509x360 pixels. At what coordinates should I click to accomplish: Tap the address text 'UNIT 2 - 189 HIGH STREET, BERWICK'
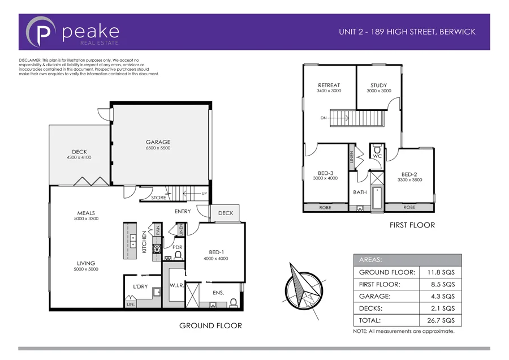[407, 32]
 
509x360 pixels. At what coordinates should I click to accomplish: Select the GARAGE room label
[158, 142]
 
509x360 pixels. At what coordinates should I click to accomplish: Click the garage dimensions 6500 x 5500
[158, 148]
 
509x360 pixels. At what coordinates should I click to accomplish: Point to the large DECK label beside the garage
[79, 152]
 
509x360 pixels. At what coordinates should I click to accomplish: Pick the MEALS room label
[86, 213]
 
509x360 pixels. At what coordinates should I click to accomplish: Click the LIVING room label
[86, 263]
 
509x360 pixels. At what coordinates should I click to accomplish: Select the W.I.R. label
[177, 286]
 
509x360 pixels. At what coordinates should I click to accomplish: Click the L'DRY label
[140, 286]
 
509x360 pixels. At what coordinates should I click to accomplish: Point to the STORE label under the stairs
[159, 198]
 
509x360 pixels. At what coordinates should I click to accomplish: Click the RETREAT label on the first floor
[329, 85]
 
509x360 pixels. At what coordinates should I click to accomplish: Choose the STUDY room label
[378, 85]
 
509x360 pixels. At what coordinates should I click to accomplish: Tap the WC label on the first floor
[377, 156]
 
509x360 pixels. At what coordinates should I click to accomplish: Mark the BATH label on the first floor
[360, 192]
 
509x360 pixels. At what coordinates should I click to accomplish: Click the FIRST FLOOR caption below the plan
[412, 225]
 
